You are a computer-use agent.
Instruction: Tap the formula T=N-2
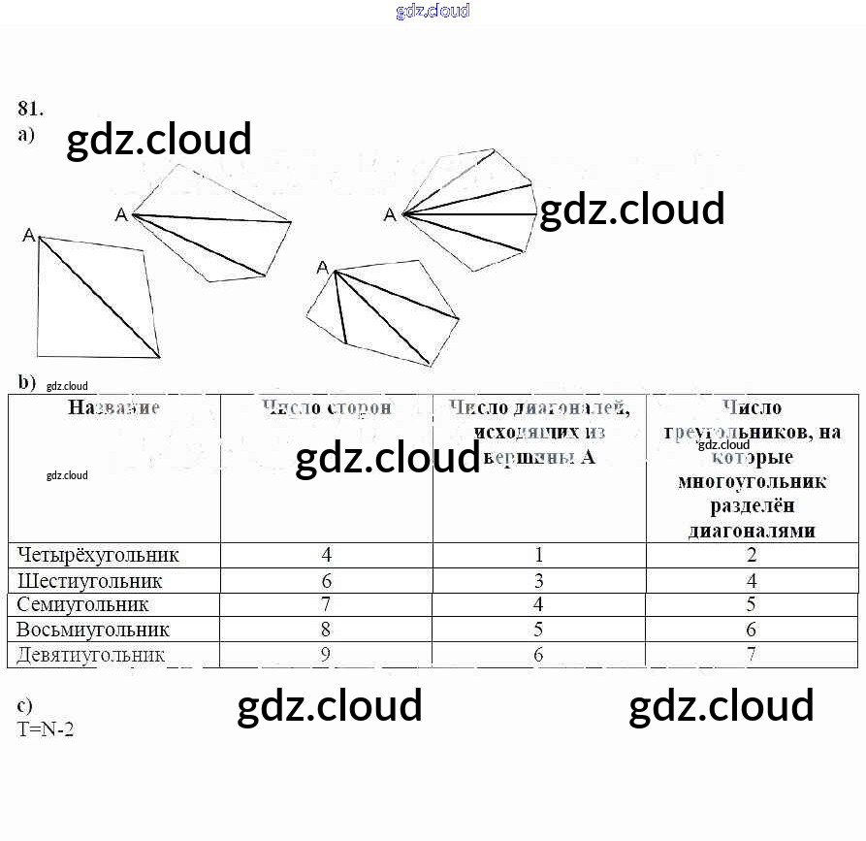click(x=46, y=728)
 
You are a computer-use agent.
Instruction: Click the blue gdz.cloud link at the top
click(x=433, y=11)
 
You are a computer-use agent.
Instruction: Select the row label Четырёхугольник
click(x=98, y=555)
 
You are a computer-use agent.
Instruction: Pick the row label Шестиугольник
click(x=90, y=581)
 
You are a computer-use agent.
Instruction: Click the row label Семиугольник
click(x=82, y=604)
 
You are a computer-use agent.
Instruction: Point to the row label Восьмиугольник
click(x=93, y=630)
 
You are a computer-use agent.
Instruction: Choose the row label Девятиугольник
click(x=91, y=655)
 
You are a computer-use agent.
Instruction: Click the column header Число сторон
click(x=327, y=408)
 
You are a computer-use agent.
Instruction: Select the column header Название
click(x=113, y=408)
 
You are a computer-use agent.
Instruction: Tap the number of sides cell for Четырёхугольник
click(x=327, y=555)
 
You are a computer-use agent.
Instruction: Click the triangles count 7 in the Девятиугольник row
click(x=752, y=655)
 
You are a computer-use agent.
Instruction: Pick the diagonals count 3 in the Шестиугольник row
click(x=539, y=581)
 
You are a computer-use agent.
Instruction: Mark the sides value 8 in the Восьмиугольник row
click(x=327, y=630)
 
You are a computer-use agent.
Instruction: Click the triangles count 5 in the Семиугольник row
click(x=752, y=604)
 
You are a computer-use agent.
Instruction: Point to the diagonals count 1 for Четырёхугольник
click(x=539, y=555)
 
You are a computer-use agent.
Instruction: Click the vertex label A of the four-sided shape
click(x=29, y=236)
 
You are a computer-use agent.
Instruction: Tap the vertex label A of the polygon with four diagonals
click(x=390, y=214)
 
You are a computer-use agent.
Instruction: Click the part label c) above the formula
click(x=25, y=706)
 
